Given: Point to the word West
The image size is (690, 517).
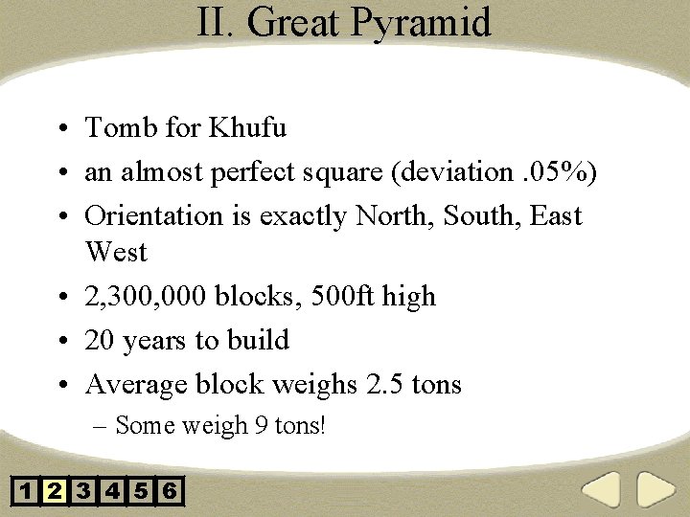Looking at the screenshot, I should [x=116, y=253].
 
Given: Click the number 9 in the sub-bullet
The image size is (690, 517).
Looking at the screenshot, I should [x=262, y=425].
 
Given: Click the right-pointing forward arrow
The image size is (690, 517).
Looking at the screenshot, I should [x=656, y=491].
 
